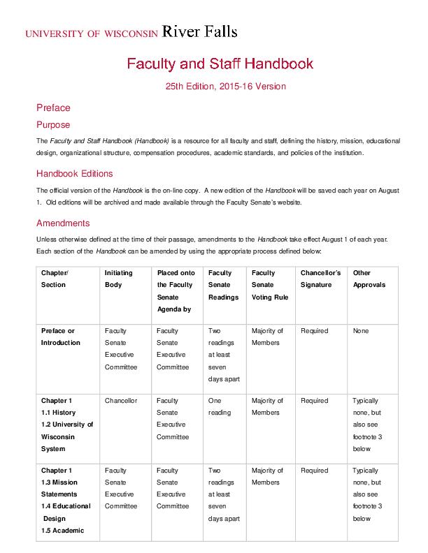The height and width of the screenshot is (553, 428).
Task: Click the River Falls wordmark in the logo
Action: click(x=199, y=31)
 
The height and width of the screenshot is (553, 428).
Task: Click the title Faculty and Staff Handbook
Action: click(x=220, y=64)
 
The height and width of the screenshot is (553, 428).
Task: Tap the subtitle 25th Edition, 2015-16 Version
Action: click(x=226, y=87)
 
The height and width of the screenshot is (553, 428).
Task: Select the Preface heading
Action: click(x=53, y=108)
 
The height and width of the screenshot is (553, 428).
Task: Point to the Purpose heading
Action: click(x=53, y=125)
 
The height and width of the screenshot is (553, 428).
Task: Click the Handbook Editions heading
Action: click(x=74, y=174)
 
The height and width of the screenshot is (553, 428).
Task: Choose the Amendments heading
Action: click(x=63, y=223)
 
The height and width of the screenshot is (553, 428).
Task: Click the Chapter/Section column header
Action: click(x=54, y=279)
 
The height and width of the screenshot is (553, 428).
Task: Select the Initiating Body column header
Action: click(x=118, y=279)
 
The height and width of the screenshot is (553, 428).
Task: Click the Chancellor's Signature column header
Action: click(x=320, y=279)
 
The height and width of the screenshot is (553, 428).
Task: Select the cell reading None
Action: click(x=361, y=331)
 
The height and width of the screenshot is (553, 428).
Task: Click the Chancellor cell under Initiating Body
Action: click(x=121, y=401)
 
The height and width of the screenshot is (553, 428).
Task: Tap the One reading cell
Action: click(x=219, y=406)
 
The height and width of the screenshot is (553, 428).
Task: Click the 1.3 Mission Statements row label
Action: click(x=59, y=488)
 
